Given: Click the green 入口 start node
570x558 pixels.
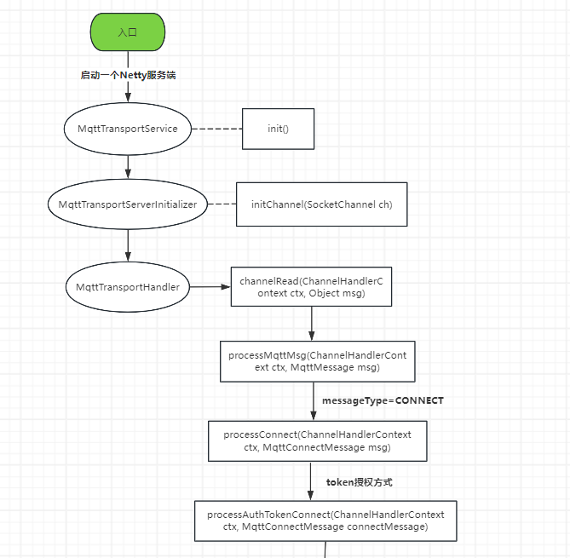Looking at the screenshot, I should click(x=128, y=32).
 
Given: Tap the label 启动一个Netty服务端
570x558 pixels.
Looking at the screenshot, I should click(x=128, y=75).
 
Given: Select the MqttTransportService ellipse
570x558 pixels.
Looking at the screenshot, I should click(x=127, y=129).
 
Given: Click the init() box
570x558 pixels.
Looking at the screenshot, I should click(x=278, y=129).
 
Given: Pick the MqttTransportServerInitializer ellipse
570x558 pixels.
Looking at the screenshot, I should click(x=127, y=204).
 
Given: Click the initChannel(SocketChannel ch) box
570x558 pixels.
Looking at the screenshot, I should click(x=321, y=204).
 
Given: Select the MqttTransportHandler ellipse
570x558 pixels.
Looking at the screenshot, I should click(x=127, y=287).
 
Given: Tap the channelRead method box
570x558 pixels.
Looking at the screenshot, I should click(x=311, y=287).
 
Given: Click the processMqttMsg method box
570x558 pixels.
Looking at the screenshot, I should click(x=318, y=361).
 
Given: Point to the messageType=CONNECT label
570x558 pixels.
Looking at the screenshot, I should click(x=383, y=400).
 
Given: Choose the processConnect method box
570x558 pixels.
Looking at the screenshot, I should click(x=317, y=440).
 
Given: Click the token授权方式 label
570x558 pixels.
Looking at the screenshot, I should click(x=359, y=482).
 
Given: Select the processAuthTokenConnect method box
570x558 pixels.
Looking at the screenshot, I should click(x=325, y=521).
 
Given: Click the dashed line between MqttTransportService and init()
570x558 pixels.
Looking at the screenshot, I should click(x=216, y=129).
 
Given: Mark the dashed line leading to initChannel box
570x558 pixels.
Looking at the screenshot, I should click(x=222, y=204).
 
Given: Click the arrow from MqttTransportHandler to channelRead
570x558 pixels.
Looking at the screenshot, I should click(x=210, y=287).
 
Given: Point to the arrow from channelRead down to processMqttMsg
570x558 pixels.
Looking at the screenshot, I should click(x=311, y=323).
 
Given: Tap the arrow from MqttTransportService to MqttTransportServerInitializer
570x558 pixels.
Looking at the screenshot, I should click(x=128, y=165).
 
